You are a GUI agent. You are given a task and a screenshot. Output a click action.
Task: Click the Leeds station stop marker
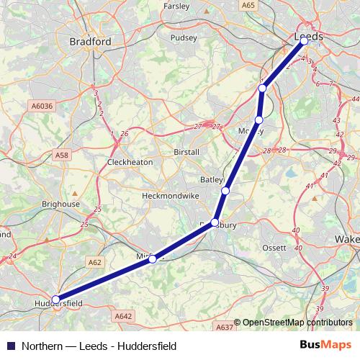(304, 41)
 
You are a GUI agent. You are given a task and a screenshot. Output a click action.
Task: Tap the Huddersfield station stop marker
(55, 300)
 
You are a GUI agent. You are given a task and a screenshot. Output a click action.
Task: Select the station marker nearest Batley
(225, 191)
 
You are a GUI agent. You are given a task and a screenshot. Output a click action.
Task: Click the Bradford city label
(90, 42)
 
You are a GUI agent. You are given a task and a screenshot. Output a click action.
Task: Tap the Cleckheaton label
(130, 162)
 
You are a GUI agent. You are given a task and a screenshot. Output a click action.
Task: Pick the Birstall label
(186, 153)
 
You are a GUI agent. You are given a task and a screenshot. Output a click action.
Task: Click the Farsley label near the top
(176, 6)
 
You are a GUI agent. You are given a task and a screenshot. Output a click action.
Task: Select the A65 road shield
(248, 5)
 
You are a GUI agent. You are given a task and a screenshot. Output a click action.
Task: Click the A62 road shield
(94, 263)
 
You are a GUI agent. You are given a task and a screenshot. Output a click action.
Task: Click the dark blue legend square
(9, 346)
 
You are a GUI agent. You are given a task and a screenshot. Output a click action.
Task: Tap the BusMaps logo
(326, 345)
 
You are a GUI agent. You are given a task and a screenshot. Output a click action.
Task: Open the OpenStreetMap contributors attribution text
(297, 323)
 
